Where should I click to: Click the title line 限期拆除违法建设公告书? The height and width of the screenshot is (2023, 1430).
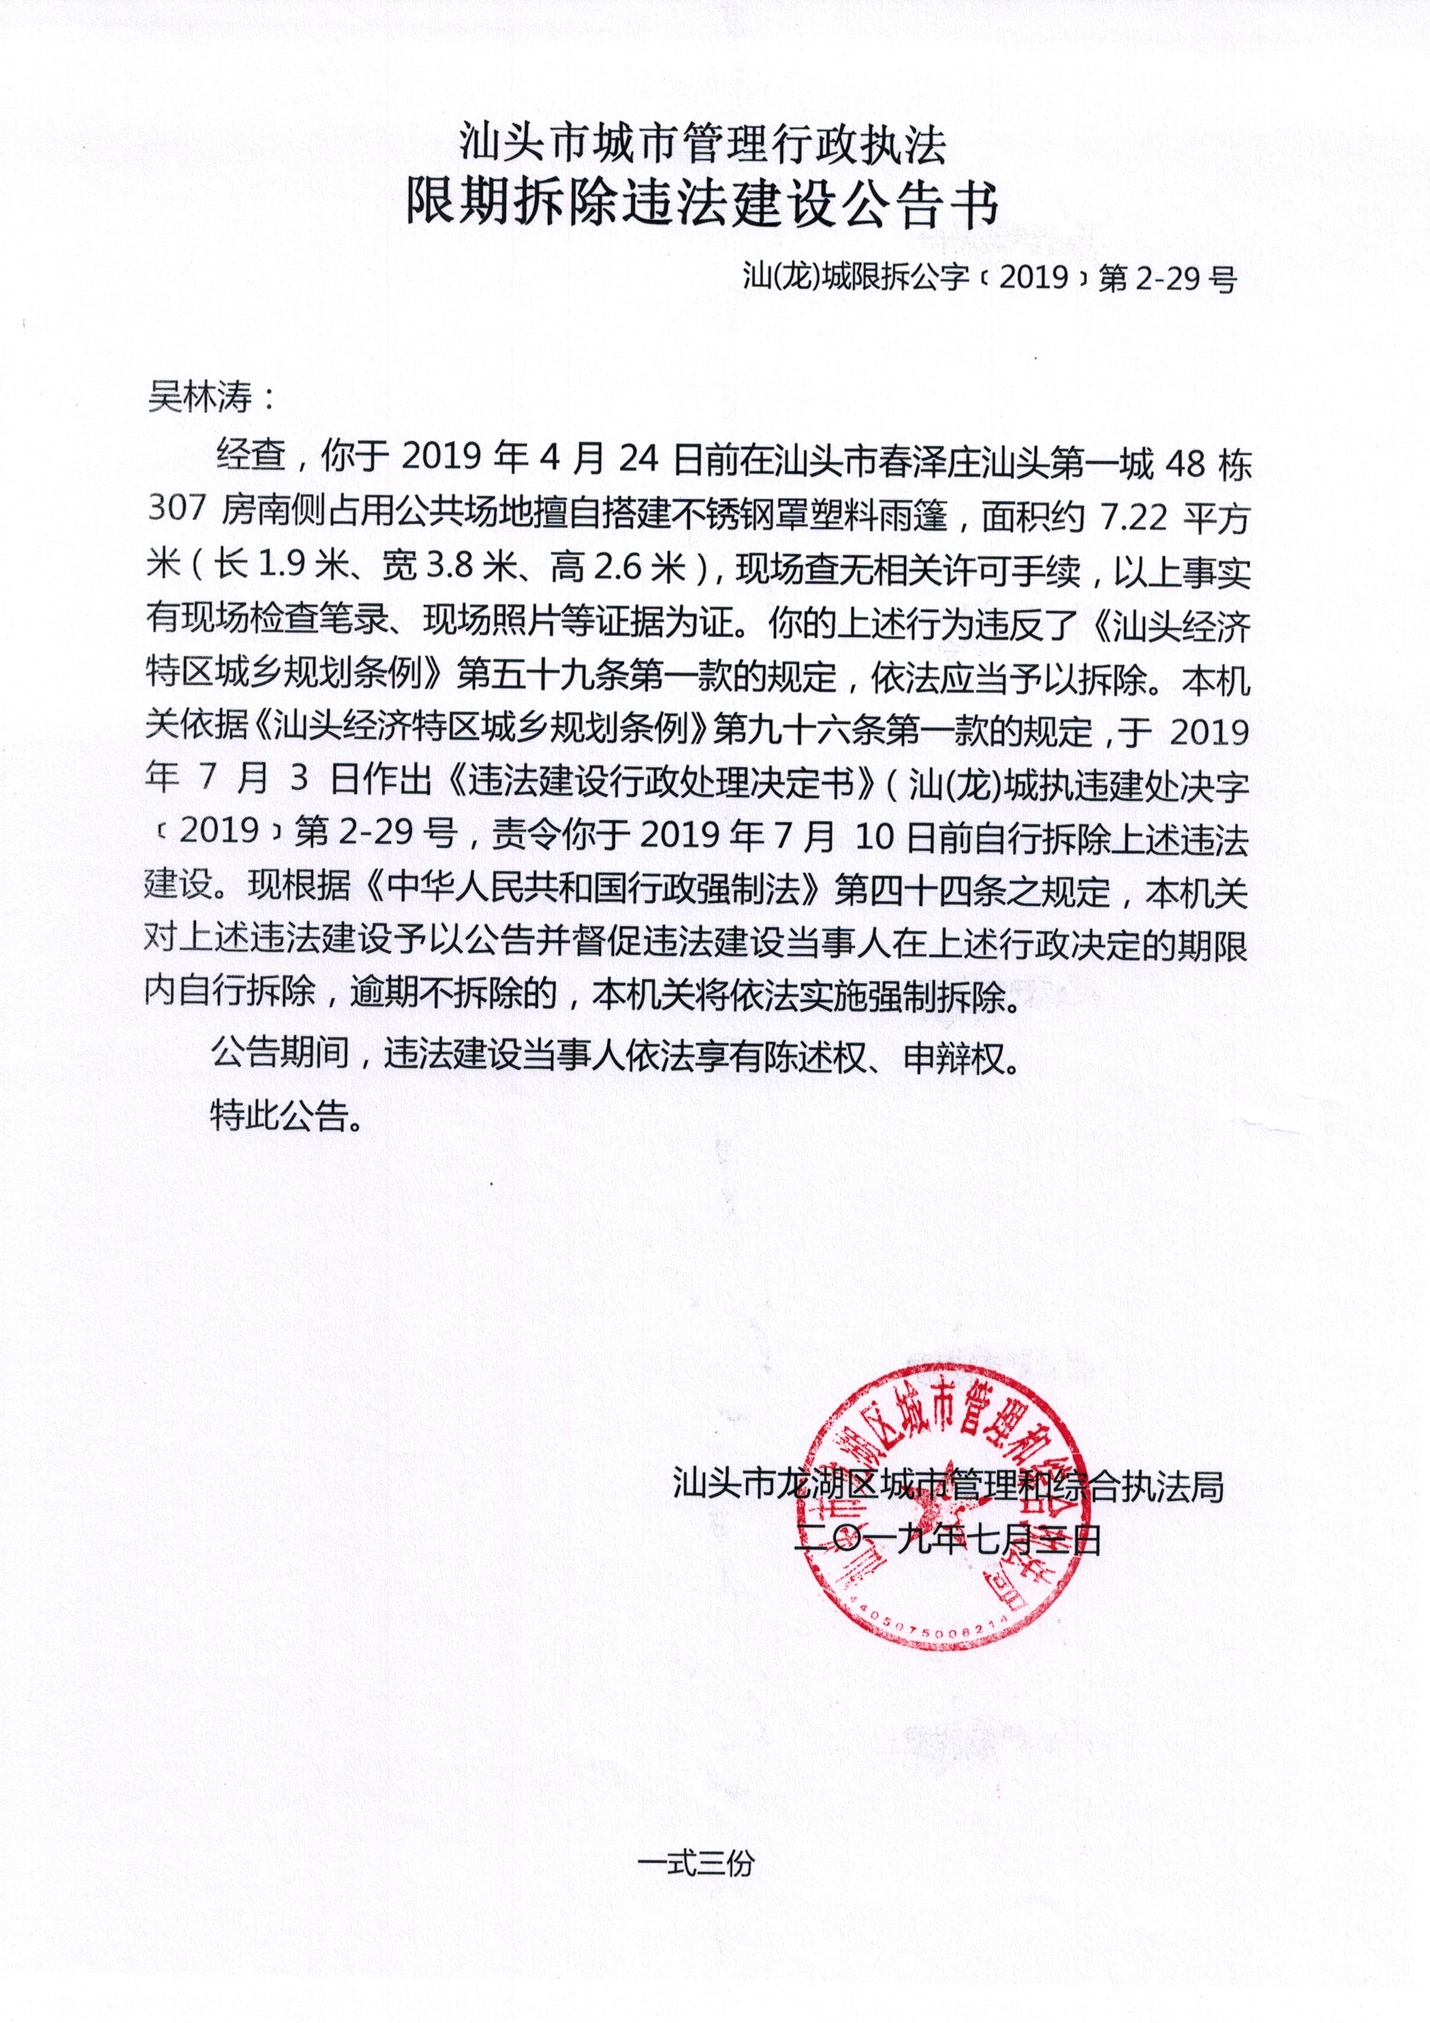pos(702,205)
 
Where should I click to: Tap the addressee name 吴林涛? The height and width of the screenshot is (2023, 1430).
pos(201,397)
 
